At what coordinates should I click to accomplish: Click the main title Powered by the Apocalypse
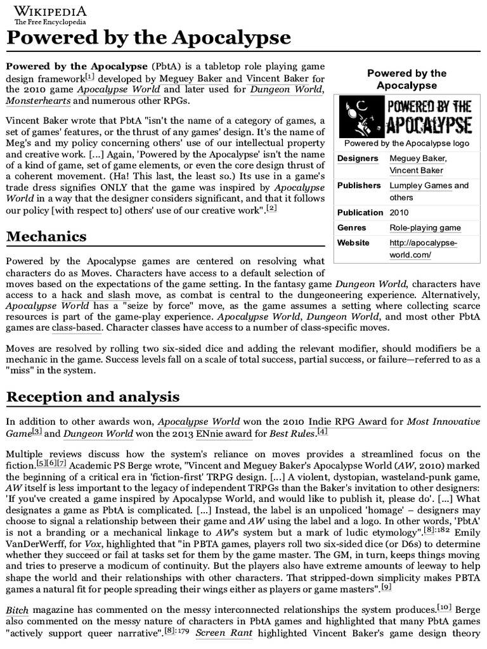click(148, 38)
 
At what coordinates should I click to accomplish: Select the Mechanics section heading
click(46, 236)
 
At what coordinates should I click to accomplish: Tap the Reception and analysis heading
click(93, 397)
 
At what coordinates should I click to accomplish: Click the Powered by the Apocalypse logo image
click(407, 116)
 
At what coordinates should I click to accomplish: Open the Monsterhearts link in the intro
click(38, 101)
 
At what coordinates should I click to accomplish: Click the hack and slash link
click(96, 295)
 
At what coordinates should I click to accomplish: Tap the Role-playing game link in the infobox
click(425, 228)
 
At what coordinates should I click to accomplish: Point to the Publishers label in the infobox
click(359, 186)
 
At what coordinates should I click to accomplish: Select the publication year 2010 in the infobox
click(399, 213)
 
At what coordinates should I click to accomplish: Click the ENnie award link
click(226, 434)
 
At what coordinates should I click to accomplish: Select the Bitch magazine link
click(17, 610)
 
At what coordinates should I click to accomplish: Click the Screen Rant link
click(219, 634)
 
